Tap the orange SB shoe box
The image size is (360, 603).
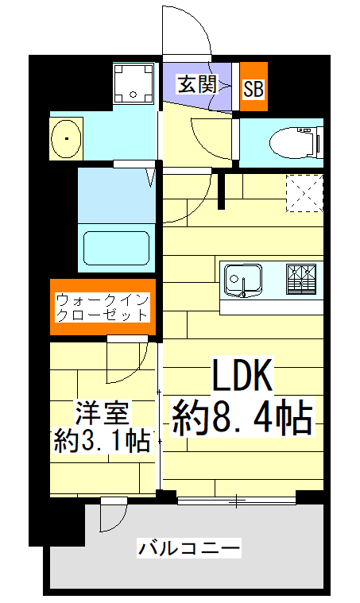[254, 88]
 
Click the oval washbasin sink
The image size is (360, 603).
[67, 139]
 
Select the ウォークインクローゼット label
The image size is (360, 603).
[103, 307]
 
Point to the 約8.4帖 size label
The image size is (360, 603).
[242, 418]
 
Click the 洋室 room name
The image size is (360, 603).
[101, 415]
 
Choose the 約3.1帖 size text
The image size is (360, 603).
[101, 439]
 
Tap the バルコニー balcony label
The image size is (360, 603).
[188, 548]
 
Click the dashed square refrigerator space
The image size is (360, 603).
[303, 194]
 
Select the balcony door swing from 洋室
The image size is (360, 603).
[112, 516]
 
